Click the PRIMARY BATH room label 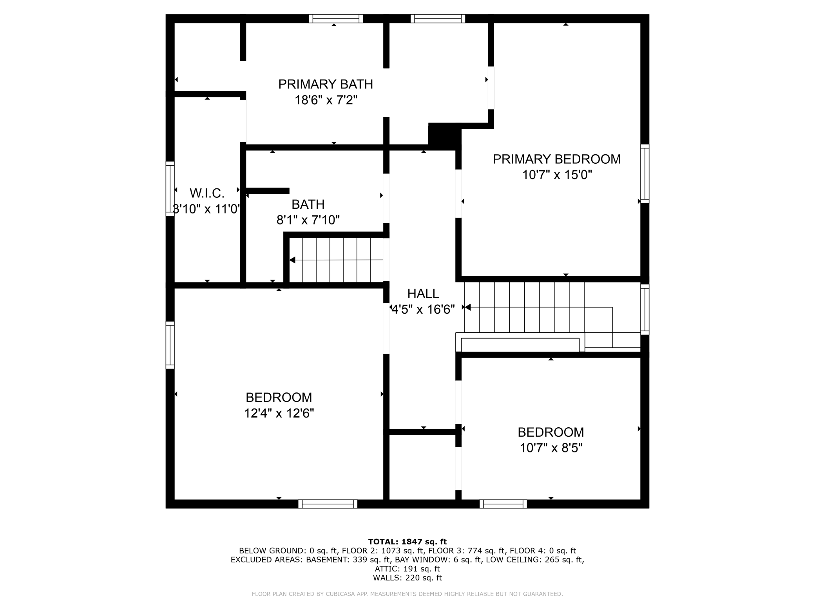click(325, 84)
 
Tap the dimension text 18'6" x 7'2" click(326, 100)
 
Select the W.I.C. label click(207, 193)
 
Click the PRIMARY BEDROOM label click(556, 159)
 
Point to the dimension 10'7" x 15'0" click(556, 175)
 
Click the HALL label click(423, 293)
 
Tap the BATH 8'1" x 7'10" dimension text click(308, 220)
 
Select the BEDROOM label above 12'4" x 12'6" click(279, 397)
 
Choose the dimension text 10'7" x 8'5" click(551, 448)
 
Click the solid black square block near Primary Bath click(444, 136)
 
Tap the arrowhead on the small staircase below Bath click(292, 260)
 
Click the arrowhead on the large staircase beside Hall click(467, 307)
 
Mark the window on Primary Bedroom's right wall click(645, 174)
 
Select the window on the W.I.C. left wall click(170, 189)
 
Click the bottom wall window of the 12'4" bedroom click(328, 504)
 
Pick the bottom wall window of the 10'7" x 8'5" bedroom click(503, 504)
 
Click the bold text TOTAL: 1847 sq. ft click(407, 542)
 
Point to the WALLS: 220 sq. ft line click(407, 578)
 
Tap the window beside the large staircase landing click(645, 309)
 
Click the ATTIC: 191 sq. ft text click(407, 569)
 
